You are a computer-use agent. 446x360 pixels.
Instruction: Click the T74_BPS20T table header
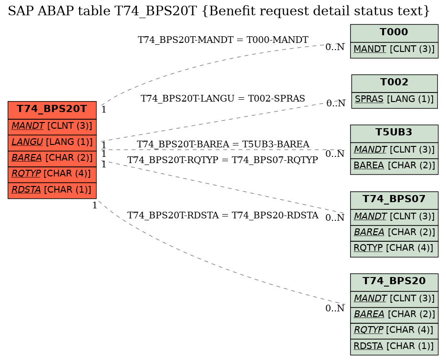[52, 110]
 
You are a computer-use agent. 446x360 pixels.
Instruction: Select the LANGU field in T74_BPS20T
[52, 143]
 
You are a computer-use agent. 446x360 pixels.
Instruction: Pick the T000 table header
[394, 33]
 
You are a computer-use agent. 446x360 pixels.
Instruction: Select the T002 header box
[394, 83]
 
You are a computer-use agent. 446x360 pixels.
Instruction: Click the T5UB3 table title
[394, 134]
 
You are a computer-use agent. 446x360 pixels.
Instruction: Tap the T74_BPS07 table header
[394, 200]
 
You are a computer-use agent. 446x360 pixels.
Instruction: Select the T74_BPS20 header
[394, 282]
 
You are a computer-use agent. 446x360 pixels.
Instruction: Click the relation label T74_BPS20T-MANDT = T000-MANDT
[223, 40]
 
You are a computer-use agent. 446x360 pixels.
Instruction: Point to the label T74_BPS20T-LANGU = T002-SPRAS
[223, 98]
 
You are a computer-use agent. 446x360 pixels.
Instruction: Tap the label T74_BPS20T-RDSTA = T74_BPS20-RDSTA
[223, 215]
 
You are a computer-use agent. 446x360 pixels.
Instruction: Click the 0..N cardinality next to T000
[335, 47]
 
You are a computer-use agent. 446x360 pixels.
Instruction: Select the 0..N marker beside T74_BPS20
[335, 308]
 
